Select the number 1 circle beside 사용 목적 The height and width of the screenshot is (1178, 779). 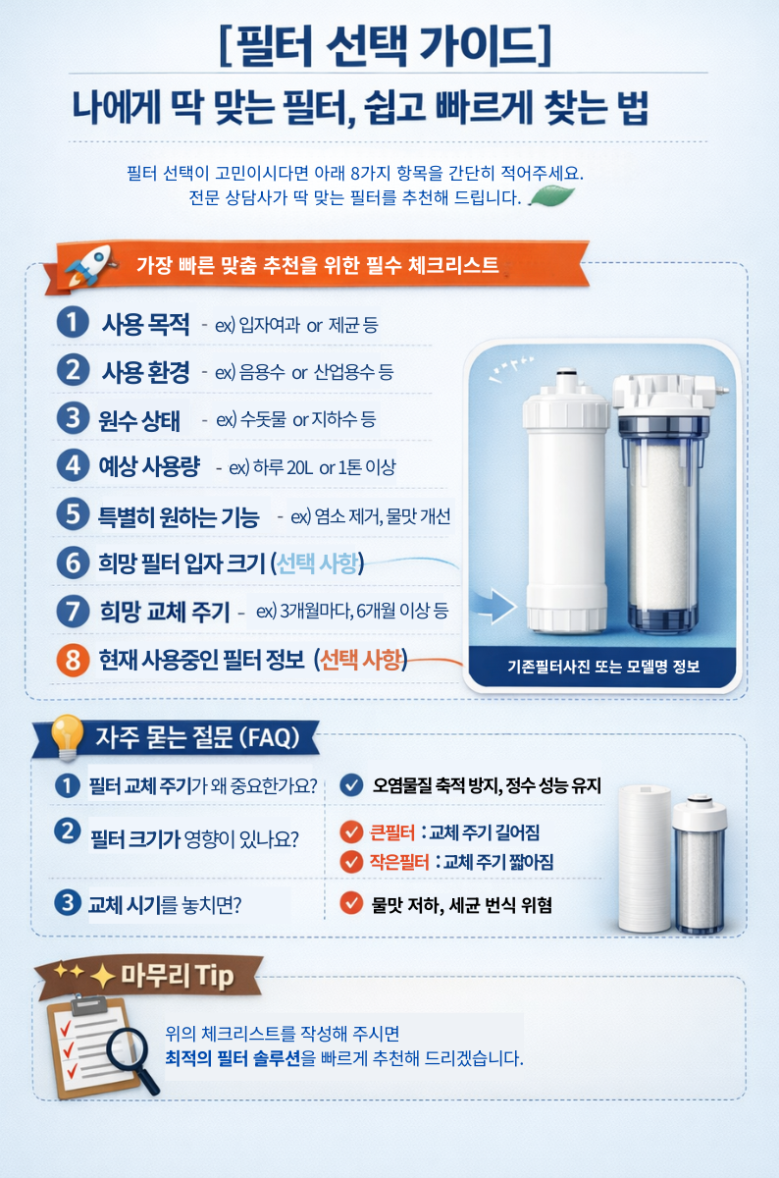pos(73,322)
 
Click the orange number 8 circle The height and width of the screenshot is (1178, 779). pos(73,660)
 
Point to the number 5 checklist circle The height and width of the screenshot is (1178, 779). pos(73,513)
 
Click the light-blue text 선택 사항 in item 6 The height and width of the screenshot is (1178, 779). pos(318,563)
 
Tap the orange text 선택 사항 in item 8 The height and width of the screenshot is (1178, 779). pos(361,660)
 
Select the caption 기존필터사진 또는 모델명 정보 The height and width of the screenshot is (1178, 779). pos(603,667)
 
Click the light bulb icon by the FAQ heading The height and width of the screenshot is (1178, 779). pos(67,737)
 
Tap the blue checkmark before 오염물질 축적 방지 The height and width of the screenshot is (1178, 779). pos(351,785)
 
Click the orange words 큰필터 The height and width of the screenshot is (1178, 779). pos(392,832)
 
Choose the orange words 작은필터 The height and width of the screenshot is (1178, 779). pos(399,862)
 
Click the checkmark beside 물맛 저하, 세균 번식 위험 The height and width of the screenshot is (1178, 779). pos(351,904)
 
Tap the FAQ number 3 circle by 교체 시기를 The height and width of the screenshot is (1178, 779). pos(68,903)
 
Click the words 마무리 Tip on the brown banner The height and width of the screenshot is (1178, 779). pos(178,976)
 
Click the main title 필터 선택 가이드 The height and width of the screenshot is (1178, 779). pos(385,45)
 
